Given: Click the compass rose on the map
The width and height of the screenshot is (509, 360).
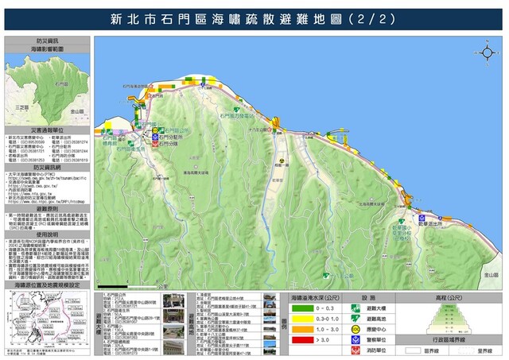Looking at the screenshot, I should point(488,52).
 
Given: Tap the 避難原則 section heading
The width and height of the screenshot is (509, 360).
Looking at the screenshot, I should point(47,185).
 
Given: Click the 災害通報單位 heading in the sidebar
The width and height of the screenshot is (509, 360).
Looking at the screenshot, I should point(47,128).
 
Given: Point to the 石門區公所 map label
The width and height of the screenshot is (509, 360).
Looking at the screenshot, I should point(179,127).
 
